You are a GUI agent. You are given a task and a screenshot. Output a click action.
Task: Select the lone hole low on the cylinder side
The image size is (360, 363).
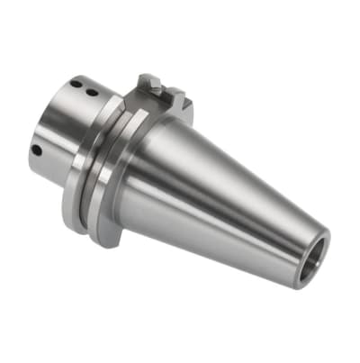[x=35, y=150]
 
